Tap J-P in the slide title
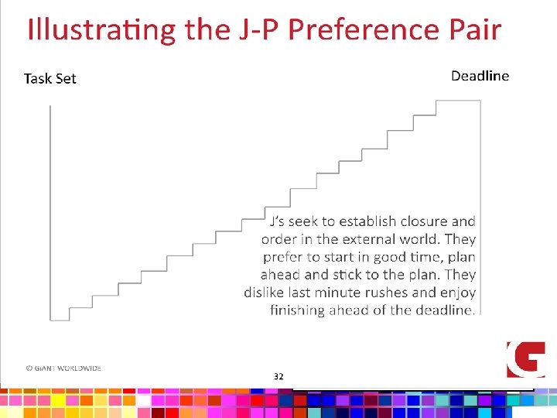(x=255, y=30)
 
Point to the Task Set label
(x=50, y=78)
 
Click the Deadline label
(x=480, y=75)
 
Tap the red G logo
(x=525, y=359)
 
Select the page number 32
(x=278, y=376)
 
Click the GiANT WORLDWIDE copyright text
(x=63, y=368)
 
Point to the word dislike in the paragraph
(x=265, y=293)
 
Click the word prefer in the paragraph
(x=284, y=257)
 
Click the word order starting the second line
(x=278, y=239)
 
